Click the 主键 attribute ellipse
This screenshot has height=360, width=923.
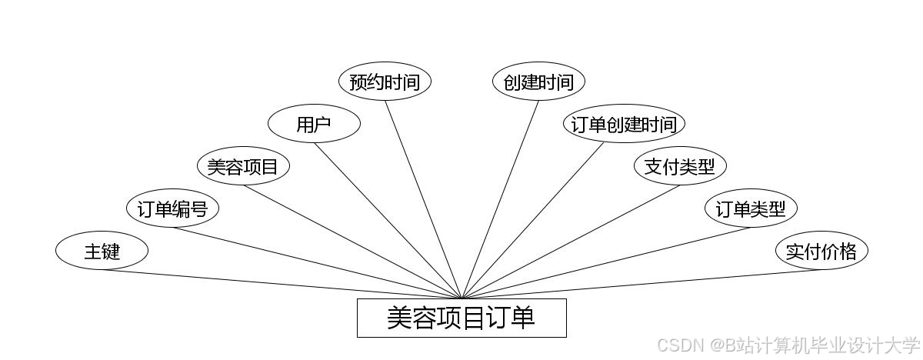point(102,251)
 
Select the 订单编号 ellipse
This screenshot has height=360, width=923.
point(172,208)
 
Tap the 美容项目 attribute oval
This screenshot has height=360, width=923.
point(243,166)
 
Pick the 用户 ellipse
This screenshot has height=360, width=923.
point(314,125)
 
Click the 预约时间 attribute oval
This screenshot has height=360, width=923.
point(385,82)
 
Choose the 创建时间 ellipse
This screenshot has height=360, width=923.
point(538,82)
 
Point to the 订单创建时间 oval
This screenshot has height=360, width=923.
point(624,125)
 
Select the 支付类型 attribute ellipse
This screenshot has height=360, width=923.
point(680,166)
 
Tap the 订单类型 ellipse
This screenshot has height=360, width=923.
point(751,208)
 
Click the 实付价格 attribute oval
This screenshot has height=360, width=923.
point(821,251)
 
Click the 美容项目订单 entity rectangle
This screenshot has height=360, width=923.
point(461,318)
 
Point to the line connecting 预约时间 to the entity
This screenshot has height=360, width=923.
point(423,199)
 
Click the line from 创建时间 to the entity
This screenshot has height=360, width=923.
point(500,199)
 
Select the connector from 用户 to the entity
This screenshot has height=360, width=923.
point(388,221)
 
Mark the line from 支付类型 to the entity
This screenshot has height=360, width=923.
point(571,242)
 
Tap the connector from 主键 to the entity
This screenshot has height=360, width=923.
point(282,284)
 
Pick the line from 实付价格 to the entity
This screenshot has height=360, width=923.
point(641,284)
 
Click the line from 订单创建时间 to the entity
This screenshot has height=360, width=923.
point(533,221)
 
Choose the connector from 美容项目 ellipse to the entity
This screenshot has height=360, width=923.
point(352,242)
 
